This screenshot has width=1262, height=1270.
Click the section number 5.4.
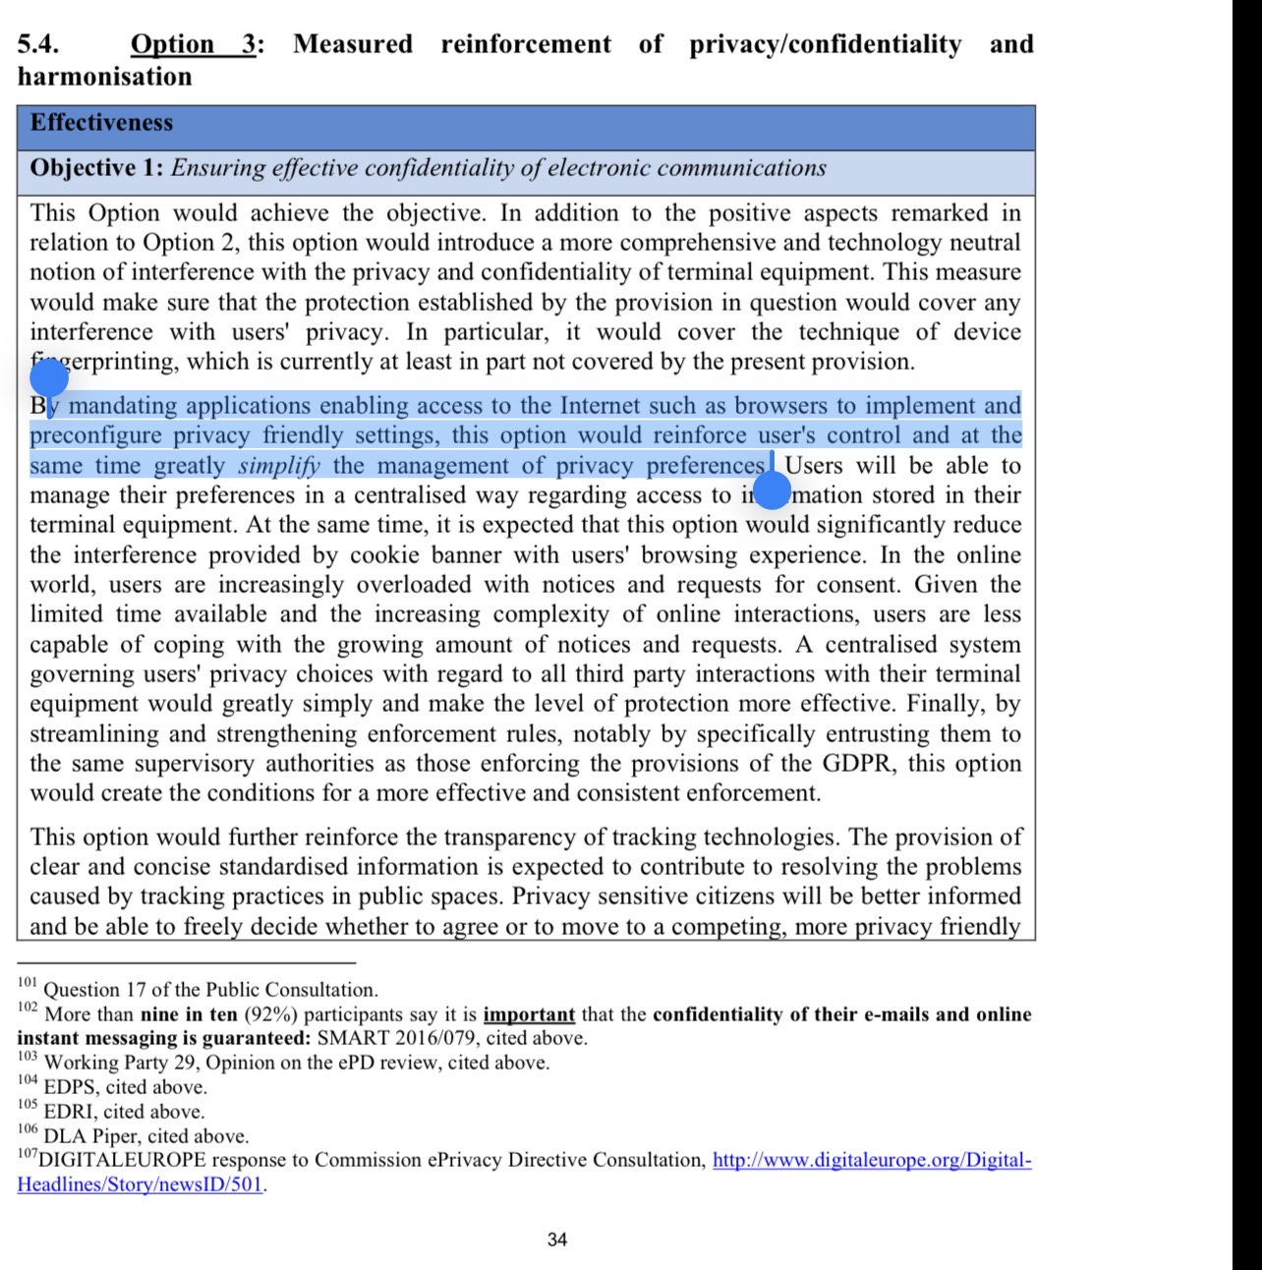click(38, 44)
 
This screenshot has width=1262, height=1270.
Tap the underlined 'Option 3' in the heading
click(196, 44)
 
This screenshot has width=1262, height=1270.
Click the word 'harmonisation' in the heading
click(105, 77)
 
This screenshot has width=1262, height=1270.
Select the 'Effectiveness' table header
click(101, 123)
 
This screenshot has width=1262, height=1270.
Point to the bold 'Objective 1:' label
click(96, 168)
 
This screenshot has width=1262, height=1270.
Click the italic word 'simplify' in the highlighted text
click(279, 466)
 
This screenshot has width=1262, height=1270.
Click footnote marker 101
click(27, 983)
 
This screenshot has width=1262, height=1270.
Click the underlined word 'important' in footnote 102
click(529, 1014)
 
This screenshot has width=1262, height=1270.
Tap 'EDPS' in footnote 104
click(71, 1087)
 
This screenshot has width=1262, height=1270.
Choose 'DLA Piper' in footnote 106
click(90, 1136)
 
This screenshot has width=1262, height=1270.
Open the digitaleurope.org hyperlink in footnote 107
click(872, 1161)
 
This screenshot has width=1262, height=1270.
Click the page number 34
click(557, 1241)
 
